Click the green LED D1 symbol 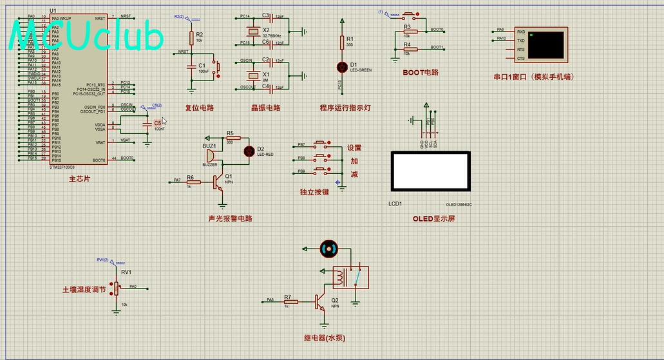[341, 66]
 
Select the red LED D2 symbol [249, 151]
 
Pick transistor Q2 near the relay [320, 301]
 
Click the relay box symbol [350, 278]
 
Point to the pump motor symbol [328, 248]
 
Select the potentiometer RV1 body [116, 290]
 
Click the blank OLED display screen [430, 171]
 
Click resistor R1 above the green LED [341, 43]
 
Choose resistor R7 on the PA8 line [290, 301]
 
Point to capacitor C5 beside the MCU [147, 122]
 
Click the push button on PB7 [321, 145]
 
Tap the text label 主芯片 [79, 178]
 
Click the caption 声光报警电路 [230, 218]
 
